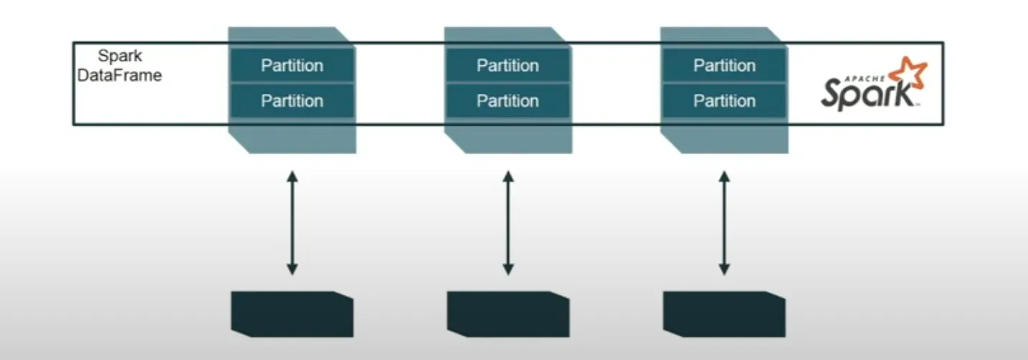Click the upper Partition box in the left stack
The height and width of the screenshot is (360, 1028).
pos(292,65)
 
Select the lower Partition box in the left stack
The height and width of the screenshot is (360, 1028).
pos(292,100)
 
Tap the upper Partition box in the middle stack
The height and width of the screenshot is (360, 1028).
pos(508,65)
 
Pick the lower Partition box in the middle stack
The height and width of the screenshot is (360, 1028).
pos(508,100)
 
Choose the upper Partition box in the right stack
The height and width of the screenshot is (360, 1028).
pos(724,65)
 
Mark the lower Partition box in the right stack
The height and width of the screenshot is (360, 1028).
pos(724,100)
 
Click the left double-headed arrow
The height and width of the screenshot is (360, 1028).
pos(292,222)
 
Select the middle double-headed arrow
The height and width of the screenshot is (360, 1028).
pos(508,222)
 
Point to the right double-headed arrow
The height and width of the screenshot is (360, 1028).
pos(724,222)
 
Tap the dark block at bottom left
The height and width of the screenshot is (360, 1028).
pos(292,314)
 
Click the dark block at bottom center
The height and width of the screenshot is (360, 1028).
pos(508,314)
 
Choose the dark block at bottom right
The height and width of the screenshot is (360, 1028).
pos(724,314)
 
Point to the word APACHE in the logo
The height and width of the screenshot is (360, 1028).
pos(867,75)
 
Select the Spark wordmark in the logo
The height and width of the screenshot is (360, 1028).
pos(866,94)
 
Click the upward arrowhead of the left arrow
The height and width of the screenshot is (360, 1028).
pos(292,176)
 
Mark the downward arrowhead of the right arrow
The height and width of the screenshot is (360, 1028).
pos(724,270)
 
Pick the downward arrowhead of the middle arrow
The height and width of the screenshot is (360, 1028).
pos(508,270)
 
